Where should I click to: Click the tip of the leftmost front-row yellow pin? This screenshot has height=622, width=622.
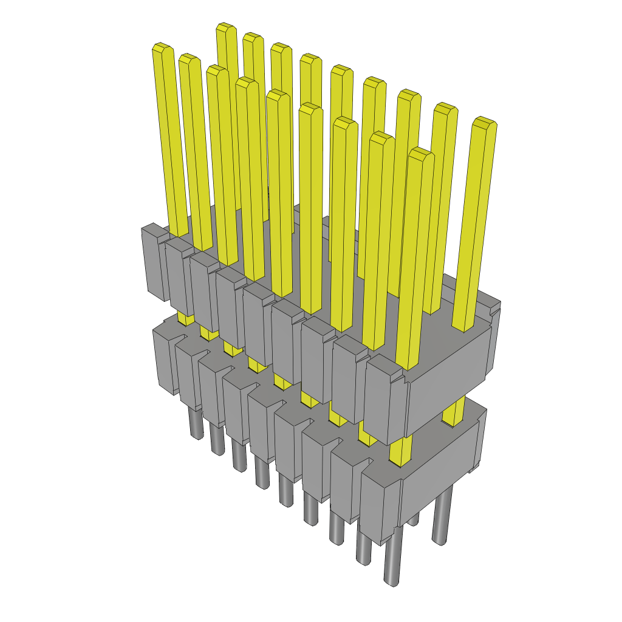click(162, 49)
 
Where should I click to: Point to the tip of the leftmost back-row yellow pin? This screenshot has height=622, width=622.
click(227, 28)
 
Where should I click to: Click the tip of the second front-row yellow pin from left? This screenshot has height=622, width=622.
click(190, 59)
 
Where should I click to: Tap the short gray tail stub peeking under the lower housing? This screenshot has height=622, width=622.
click(413, 519)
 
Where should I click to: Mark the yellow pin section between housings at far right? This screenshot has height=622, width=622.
click(454, 412)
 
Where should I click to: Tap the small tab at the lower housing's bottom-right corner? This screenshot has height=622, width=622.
click(473, 468)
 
